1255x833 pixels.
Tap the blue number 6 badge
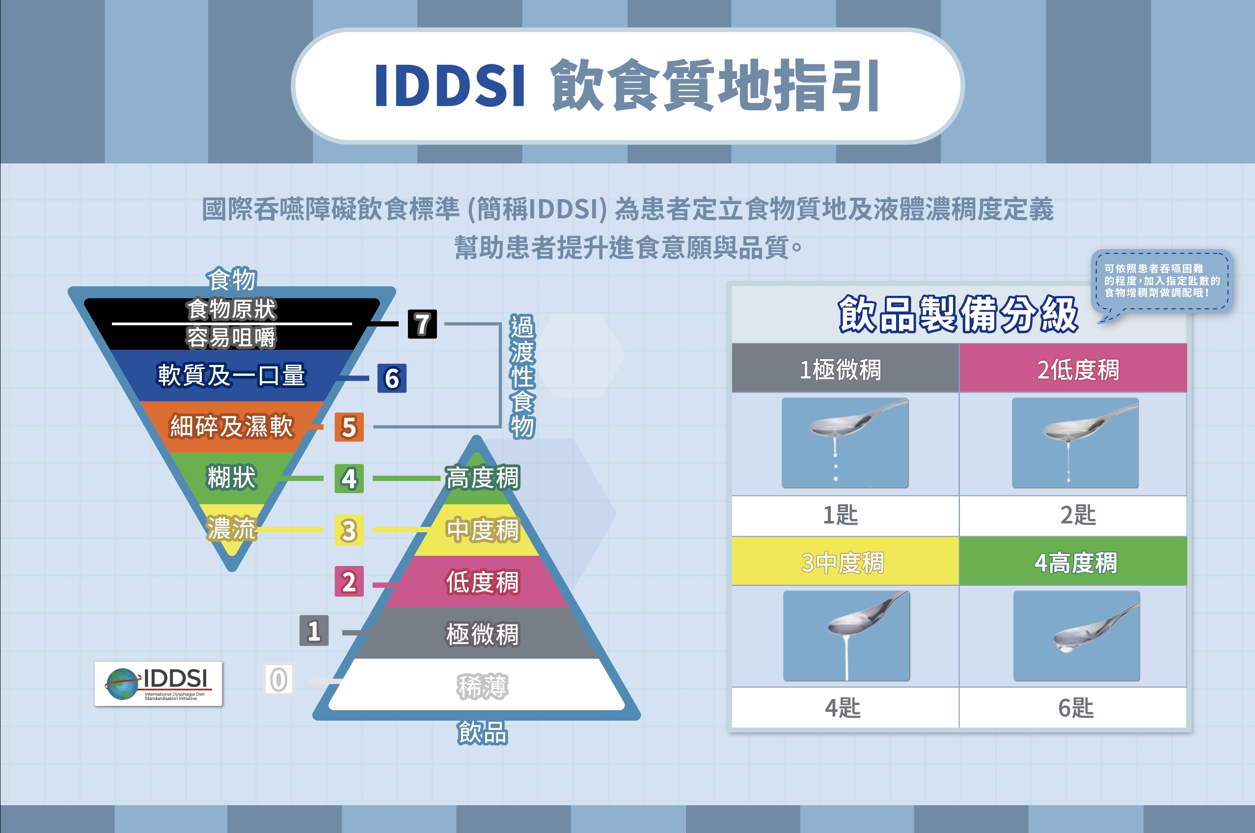pos(392,378)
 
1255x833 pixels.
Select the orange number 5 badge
pos(349,427)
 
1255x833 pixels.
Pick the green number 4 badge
pos(349,479)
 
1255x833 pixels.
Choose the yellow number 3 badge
pos(349,530)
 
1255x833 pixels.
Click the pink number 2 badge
pos(349,582)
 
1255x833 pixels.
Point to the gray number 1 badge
pos(314,631)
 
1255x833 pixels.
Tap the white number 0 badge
pos(278,679)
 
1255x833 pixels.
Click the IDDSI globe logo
pos(159,684)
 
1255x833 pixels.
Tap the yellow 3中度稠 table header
pos(845,562)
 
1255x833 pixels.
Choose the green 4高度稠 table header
pos(1073,562)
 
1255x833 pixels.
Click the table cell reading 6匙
pos(1073,707)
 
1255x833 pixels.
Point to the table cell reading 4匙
pos(845,707)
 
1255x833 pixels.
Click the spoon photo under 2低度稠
pos(1075,443)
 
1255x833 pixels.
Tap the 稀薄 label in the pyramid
pos(482,686)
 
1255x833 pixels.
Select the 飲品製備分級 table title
pos(958,314)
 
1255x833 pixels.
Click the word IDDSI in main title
pos(450,85)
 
